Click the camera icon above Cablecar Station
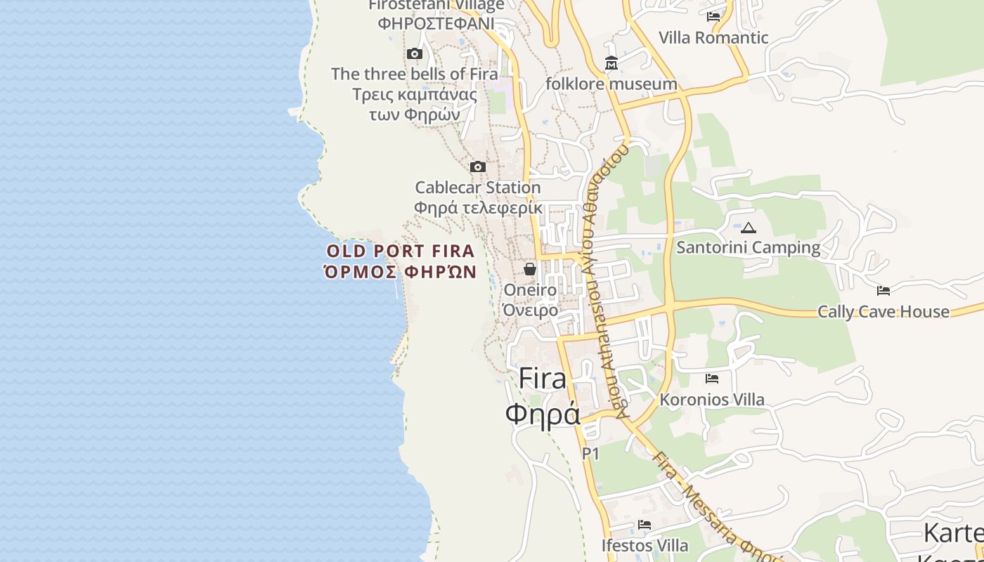click(x=478, y=167)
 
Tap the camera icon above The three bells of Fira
click(x=415, y=54)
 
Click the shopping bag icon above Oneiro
click(x=530, y=269)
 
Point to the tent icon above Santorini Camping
click(x=749, y=228)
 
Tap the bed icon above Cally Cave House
click(x=883, y=291)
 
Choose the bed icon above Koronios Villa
click(x=712, y=379)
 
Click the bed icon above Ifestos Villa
click(x=644, y=525)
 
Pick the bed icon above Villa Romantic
click(x=714, y=17)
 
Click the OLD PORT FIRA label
click(x=401, y=251)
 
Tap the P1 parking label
click(x=590, y=454)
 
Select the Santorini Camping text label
click(x=748, y=247)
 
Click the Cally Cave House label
click(x=883, y=311)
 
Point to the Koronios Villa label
click(x=711, y=400)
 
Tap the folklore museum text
click(x=611, y=84)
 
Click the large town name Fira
click(x=542, y=379)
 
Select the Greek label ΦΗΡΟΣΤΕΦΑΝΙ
click(x=436, y=23)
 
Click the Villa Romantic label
click(x=713, y=37)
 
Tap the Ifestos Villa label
click(x=645, y=545)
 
